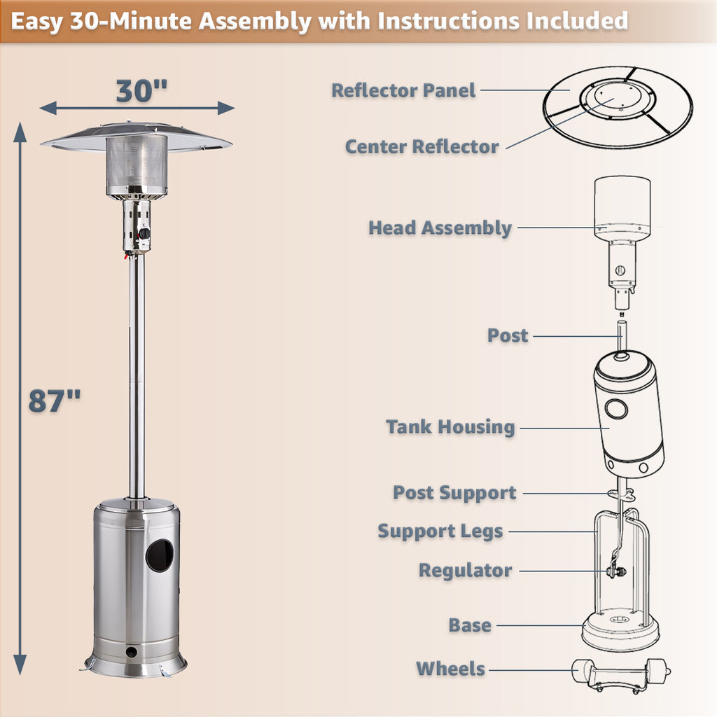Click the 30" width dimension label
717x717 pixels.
click(x=141, y=90)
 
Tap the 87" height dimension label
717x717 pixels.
click(x=55, y=401)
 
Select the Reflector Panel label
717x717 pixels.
click(x=403, y=90)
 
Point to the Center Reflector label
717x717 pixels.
click(x=422, y=147)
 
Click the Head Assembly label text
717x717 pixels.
click(x=440, y=228)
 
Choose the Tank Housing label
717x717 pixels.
click(x=450, y=426)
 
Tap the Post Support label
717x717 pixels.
click(x=454, y=493)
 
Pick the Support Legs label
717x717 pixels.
click(x=440, y=531)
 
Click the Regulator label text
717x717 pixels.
click(x=465, y=571)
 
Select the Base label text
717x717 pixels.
click(x=470, y=625)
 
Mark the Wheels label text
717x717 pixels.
click(x=450, y=669)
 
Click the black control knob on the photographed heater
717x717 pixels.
click(x=144, y=234)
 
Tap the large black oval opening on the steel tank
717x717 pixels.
click(x=160, y=555)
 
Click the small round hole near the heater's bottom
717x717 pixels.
click(x=131, y=652)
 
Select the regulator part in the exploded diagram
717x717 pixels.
click(x=616, y=571)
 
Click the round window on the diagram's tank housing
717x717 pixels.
click(x=616, y=409)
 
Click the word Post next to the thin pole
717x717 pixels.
click(x=508, y=335)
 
